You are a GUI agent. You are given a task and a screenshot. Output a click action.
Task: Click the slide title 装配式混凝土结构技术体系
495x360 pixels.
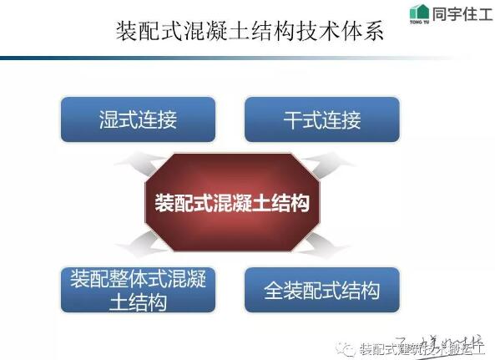[248, 33]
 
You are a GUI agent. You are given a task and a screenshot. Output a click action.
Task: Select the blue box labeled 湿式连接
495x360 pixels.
[138, 119]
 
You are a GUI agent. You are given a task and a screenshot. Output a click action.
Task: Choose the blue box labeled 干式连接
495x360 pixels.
[321, 119]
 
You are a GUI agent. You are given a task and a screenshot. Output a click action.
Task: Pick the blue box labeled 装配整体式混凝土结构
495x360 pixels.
[138, 289]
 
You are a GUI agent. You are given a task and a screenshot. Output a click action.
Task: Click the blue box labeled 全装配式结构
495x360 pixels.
[321, 289]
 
